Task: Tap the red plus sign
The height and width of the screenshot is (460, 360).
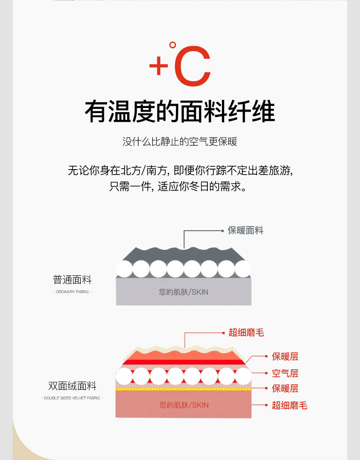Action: [159, 66]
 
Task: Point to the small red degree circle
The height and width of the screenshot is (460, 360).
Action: [172, 45]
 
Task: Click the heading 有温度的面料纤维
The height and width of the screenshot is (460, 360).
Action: [180, 111]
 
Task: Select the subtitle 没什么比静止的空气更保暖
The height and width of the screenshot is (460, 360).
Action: [180, 141]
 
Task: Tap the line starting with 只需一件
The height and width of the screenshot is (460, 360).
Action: [180, 186]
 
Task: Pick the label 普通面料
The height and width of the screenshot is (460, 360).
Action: [72, 280]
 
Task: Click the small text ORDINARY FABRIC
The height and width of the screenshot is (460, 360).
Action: [72, 292]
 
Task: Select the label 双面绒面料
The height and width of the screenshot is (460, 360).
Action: [72, 386]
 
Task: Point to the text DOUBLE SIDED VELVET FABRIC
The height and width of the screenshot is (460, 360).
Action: [72, 398]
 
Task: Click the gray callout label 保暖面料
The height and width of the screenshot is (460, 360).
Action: [246, 231]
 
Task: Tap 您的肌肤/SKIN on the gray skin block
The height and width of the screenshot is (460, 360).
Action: [184, 292]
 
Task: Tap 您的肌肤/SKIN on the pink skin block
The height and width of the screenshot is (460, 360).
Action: [184, 405]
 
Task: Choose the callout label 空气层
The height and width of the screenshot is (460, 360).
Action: [285, 373]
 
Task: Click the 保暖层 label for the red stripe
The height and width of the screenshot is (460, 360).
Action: [285, 357]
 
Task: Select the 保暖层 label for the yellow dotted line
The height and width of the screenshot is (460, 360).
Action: [285, 388]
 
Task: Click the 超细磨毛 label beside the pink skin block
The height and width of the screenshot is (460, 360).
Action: [290, 405]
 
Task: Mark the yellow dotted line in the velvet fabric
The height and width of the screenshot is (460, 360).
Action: [184, 389]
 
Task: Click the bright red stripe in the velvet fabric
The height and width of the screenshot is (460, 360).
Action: [184, 362]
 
